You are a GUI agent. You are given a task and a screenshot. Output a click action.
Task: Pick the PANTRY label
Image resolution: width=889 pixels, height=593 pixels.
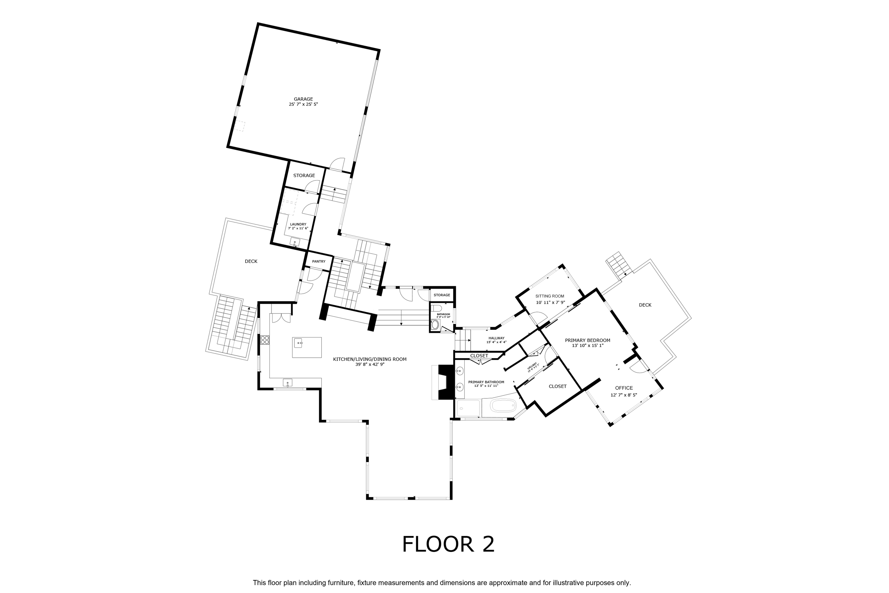319,261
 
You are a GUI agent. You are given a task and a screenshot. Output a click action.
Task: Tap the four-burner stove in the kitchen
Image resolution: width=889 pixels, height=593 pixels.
265,340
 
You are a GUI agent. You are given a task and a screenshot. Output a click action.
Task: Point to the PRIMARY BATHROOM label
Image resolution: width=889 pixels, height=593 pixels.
486,382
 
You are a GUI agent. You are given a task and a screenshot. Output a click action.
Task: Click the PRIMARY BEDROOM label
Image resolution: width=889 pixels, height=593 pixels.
587,340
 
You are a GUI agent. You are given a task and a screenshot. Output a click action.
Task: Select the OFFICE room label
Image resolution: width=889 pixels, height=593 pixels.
624,388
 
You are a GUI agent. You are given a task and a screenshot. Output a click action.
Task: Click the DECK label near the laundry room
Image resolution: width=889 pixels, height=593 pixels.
251,261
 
